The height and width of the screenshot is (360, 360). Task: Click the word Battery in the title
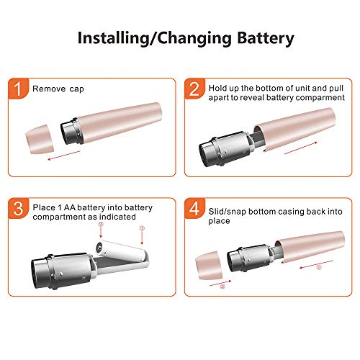[266, 38]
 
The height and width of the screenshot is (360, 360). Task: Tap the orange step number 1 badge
[18, 89]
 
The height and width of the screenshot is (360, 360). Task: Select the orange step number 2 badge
[194, 89]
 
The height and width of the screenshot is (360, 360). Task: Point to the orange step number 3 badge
[18, 208]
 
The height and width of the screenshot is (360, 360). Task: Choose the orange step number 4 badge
[194, 208]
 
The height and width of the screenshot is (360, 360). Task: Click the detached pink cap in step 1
[40, 139]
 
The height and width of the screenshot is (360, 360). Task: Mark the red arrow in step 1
[64, 156]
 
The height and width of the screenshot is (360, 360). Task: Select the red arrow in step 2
[301, 148]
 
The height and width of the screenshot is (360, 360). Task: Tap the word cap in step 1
[76, 89]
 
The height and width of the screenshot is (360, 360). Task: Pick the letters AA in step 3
[70, 207]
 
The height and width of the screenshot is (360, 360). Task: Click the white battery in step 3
[120, 251]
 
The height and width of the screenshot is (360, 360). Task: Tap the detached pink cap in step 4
[209, 266]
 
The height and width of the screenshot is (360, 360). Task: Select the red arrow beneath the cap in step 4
[220, 283]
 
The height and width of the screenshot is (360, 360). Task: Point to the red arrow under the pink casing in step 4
[316, 264]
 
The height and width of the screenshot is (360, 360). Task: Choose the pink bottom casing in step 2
[294, 129]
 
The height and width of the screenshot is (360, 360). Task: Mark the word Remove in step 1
[49, 89]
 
